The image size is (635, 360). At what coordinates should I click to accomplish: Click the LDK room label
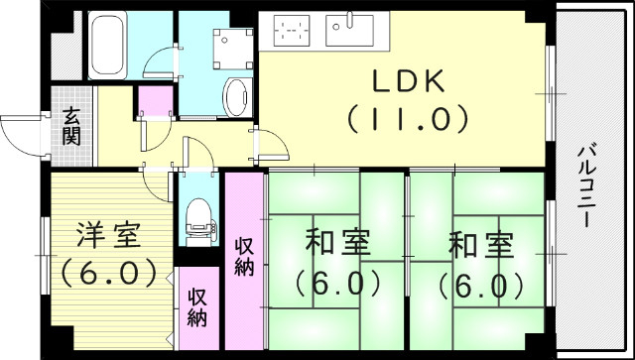[x=406, y=82]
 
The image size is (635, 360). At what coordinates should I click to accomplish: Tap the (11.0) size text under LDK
[x=406, y=121]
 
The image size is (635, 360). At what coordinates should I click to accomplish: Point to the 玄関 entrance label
[x=72, y=126]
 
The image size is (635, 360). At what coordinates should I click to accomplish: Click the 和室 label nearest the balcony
[x=480, y=244]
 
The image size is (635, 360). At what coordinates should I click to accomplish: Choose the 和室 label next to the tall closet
[x=336, y=244]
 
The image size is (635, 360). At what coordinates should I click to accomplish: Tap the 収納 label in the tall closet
[x=245, y=256]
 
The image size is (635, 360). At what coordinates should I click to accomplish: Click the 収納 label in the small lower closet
[x=198, y=306]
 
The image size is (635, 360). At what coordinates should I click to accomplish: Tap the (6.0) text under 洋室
[x=109, y=270]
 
